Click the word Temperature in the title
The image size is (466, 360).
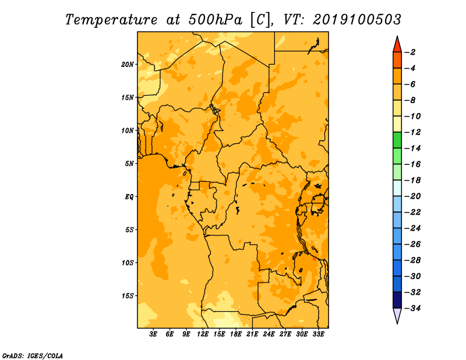coord(111,20)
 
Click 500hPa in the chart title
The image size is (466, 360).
coord(215,20)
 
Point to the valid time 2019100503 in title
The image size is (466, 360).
coord(357,20)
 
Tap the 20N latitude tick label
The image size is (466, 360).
coord(128,65)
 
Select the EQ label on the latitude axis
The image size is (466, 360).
coord(129,197)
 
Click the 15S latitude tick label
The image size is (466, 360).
coord(128,296)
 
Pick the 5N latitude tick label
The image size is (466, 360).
coord(129,164)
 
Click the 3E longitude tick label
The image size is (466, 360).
coord(153,334)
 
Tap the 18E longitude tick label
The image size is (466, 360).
coord(236,334)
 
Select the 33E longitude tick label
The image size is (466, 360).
coord(318,334)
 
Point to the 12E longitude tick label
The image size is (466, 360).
coord(203,334)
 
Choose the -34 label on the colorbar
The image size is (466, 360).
coord(412,308)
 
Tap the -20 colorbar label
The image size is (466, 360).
coord(412,196)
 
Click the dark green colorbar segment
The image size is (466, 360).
coord(397,140)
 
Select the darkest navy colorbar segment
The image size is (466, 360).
coord(397,300)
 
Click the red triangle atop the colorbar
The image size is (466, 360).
coord(397,45)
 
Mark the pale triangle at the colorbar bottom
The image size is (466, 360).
coord(397,316)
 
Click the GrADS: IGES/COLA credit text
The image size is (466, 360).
coord(33,355)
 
